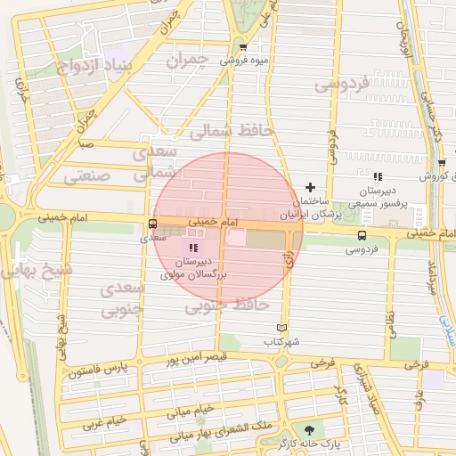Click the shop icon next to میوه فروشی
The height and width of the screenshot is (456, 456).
tap(243, 47)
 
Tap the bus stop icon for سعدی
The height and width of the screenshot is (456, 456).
tap(152, 224)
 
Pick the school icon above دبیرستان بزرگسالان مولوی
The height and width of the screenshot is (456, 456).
tap(193, 247)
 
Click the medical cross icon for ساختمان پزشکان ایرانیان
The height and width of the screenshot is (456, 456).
tap(310, 187)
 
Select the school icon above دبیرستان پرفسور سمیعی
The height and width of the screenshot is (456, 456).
tap(378, 176)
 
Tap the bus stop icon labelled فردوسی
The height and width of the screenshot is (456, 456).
tap(362, 235)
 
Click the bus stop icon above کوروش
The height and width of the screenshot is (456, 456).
tap(442, 162)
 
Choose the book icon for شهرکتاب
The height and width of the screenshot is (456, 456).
tap(282, 328)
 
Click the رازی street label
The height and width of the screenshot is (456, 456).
tap(289, 259)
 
